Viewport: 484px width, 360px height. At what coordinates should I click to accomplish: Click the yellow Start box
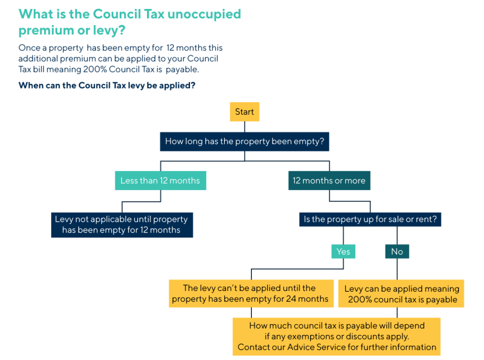point(244,112)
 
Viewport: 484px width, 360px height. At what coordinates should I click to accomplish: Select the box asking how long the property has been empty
point(244,141)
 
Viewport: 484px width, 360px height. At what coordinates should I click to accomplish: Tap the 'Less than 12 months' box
point(160,181)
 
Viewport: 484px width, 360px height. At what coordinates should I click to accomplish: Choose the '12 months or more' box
point(329,181)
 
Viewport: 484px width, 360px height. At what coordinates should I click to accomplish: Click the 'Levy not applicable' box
point(121,225)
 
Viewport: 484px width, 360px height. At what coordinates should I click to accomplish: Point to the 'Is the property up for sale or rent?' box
point(370,220)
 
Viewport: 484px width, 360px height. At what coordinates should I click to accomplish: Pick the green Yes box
point(343,251)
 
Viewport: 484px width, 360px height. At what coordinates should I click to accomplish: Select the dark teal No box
point(397,251)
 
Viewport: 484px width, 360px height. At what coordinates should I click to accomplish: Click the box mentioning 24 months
point(250,293)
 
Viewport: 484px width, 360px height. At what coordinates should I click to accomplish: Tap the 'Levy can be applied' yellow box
point(401,294)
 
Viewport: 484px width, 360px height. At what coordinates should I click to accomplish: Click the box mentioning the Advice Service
point(337,336)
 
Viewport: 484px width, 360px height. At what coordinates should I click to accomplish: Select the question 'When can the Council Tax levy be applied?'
point(107,86)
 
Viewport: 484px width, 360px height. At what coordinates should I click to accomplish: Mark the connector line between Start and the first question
point(244,126)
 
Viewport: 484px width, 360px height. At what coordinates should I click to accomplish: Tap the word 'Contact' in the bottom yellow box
point(254,347)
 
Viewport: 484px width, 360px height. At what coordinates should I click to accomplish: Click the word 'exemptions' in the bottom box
point(310,336)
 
